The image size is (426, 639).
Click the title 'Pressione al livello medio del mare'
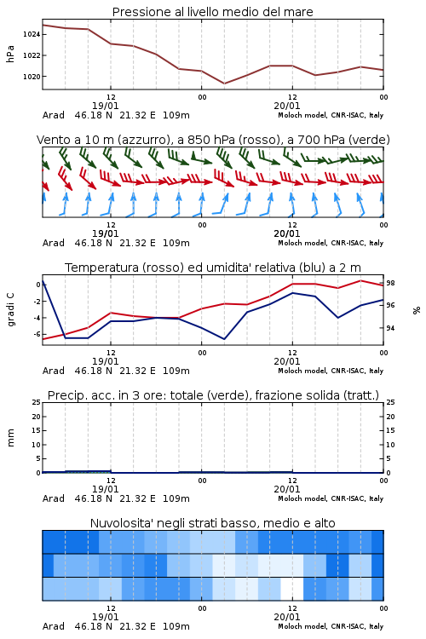(212, 12)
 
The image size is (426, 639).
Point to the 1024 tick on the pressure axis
(32, 34)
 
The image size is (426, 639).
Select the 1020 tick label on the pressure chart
(32, 77)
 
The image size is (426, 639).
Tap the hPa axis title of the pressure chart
(10, 54)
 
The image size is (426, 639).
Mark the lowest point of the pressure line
(224, 83)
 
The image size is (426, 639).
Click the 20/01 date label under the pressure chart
(287, 106)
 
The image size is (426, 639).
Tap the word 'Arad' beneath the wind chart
(54, 243)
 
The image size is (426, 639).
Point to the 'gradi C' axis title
(10, 310)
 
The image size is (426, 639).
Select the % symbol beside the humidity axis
(417, 310)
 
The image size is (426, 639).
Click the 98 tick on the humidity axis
(390, 283)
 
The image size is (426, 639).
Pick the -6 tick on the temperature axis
(37, 334)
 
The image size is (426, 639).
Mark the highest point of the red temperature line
(360, 280)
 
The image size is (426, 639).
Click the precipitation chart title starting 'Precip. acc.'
(213, 395)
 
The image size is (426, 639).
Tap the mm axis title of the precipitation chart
(10, 438)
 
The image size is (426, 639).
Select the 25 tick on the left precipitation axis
(37, 402)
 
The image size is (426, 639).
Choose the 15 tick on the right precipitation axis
(390, 430)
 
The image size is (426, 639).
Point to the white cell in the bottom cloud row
(292, 589)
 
